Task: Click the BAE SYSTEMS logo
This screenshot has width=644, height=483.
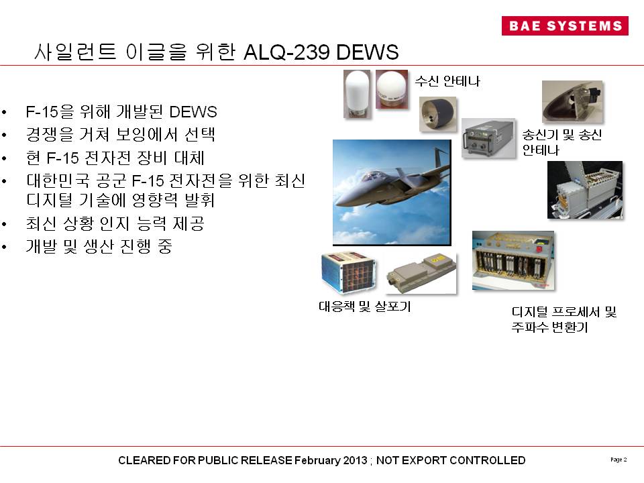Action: (565, 25)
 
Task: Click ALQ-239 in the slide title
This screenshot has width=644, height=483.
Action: (286, 52)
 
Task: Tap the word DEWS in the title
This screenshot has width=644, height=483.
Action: (367, 52)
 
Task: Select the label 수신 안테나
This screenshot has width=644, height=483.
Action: (447, 81)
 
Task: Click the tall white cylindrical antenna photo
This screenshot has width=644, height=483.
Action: (357, 94)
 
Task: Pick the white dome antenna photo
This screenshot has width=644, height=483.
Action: (392, 89)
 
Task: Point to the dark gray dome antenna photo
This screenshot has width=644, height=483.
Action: (437, 114)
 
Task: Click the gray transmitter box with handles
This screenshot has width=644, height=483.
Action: (488, 138)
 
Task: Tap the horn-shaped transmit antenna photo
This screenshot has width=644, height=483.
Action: (572, 101)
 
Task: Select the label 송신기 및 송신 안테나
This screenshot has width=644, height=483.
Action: (562, 142)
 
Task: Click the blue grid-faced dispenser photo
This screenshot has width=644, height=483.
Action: (348, 273)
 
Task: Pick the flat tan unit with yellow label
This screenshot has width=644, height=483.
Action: (421, 274)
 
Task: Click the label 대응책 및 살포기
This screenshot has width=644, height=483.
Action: (365, 307)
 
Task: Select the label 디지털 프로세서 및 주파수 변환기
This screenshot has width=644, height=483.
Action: (564, 319)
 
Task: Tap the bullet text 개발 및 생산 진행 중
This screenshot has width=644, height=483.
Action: (99, 246)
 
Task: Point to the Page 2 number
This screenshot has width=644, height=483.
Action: (619, 460)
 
